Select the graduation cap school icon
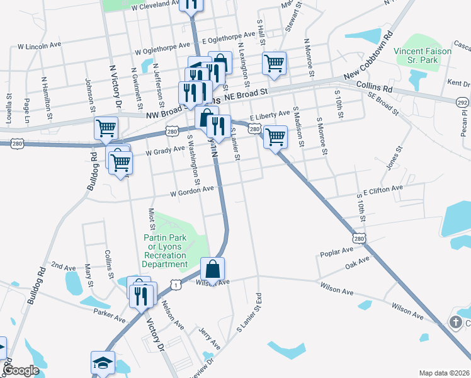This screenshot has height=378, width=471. (x=103, y=363)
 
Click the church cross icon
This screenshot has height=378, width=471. (x=455, y=323)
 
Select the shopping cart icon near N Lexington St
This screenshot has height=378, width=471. (x=274, y=63)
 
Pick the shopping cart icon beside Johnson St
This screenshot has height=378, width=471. (x=106, y=128)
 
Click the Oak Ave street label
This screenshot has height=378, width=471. (x=356, y=266)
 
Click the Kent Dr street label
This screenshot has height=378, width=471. (x=458, y=83)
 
